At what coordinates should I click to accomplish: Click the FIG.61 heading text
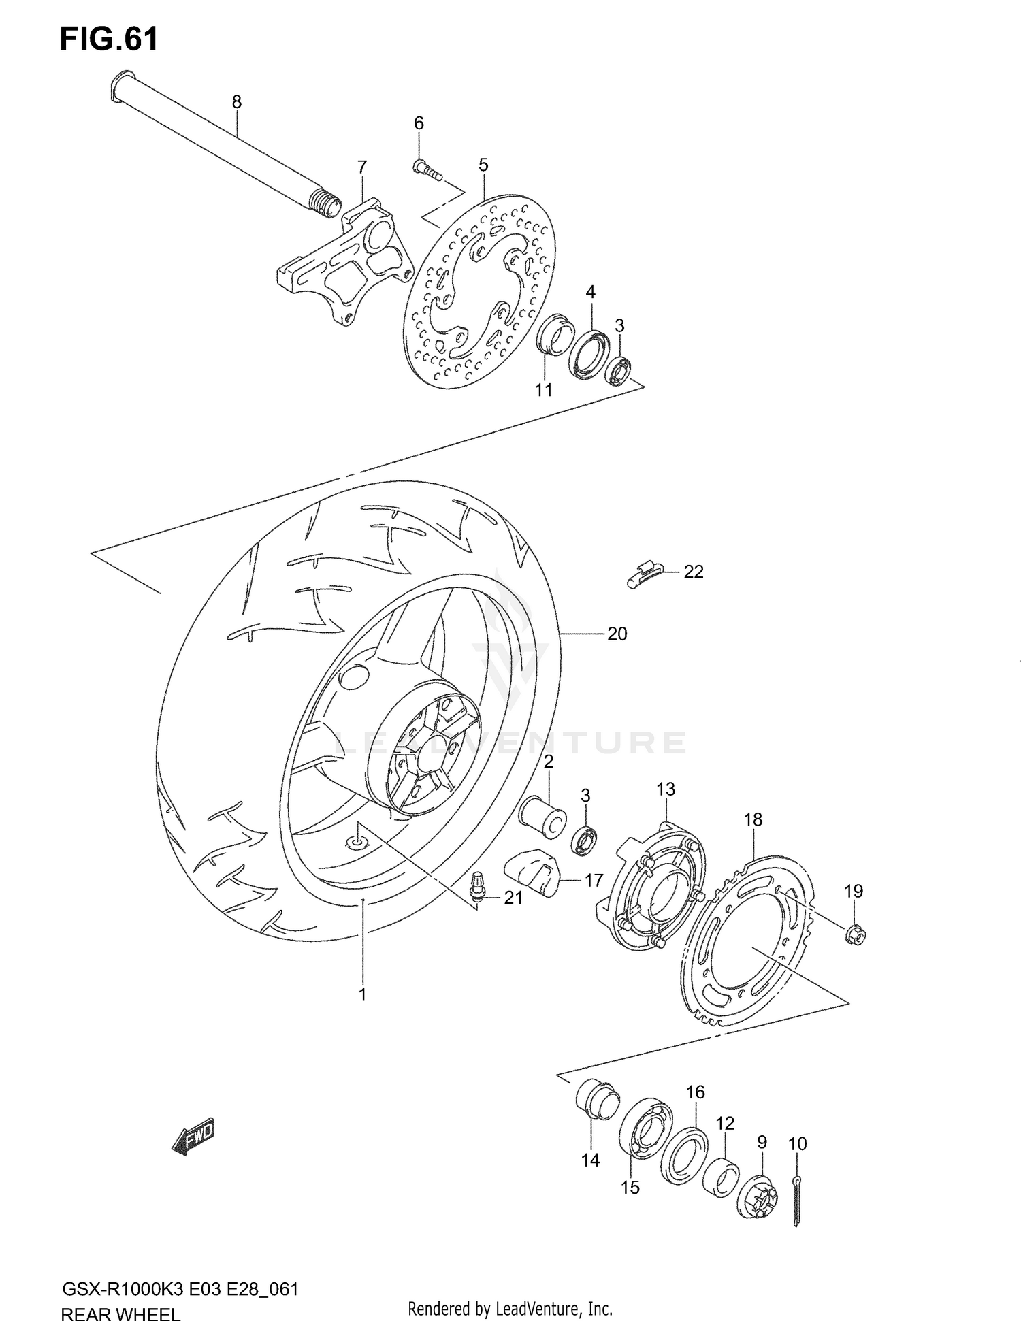click(109, 39)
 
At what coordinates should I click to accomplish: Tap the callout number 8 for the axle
click(236, 103)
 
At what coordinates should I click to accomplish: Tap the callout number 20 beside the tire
click(617, 634)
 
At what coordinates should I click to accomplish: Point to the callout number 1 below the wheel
click(363, 994)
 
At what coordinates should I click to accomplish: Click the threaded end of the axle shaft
click(325, 203)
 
